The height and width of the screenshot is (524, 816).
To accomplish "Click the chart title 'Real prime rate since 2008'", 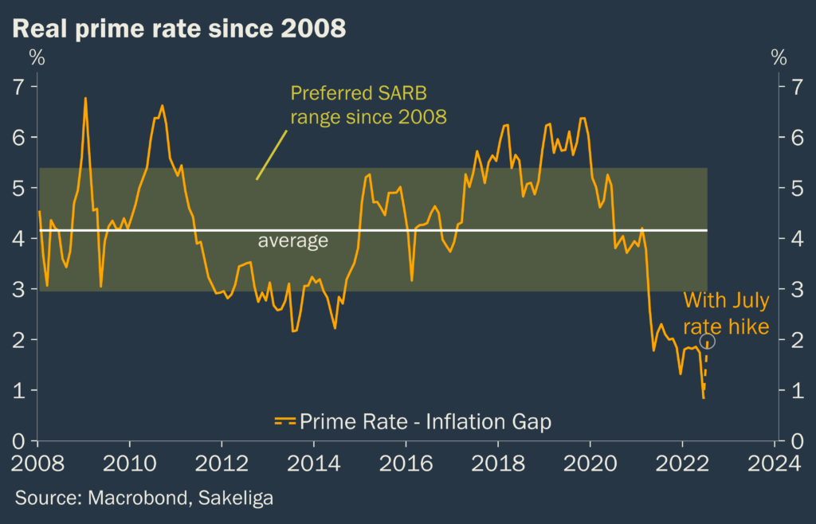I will (179, 29).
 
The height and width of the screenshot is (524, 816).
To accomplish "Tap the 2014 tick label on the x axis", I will (314, 463).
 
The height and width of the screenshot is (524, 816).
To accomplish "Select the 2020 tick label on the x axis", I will (590, 463).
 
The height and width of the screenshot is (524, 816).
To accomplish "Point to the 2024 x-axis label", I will (775, 463).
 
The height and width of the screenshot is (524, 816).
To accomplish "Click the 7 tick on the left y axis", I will (20, 86).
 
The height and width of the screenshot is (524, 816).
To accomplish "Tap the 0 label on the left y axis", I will (20, 441).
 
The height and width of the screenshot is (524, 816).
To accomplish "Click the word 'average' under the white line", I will (292, 241).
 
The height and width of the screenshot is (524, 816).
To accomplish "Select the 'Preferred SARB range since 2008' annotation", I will (368, 104).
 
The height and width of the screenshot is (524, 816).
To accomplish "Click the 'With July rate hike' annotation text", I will (726, 313).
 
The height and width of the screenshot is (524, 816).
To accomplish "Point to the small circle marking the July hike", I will (707, 341).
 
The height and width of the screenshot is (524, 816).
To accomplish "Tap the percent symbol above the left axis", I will (37, 57).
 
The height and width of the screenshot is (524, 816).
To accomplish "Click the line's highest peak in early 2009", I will (85, 98).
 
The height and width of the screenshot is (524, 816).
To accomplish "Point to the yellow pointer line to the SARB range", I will (269, 155).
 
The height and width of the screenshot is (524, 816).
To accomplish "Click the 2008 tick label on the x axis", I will (37, 463).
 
